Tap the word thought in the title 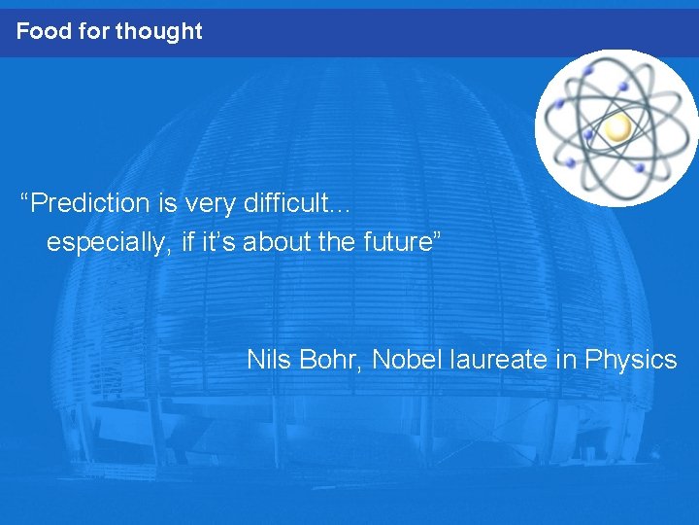click(158, 31)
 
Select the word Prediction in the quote click(92, 203)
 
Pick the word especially click(111, 243)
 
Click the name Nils click(269, 360)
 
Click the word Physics click(630, 360)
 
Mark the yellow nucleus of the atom click(617, 127)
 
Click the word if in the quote click(188, 242)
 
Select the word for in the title click(93, 31)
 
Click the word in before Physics click(566, 360)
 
